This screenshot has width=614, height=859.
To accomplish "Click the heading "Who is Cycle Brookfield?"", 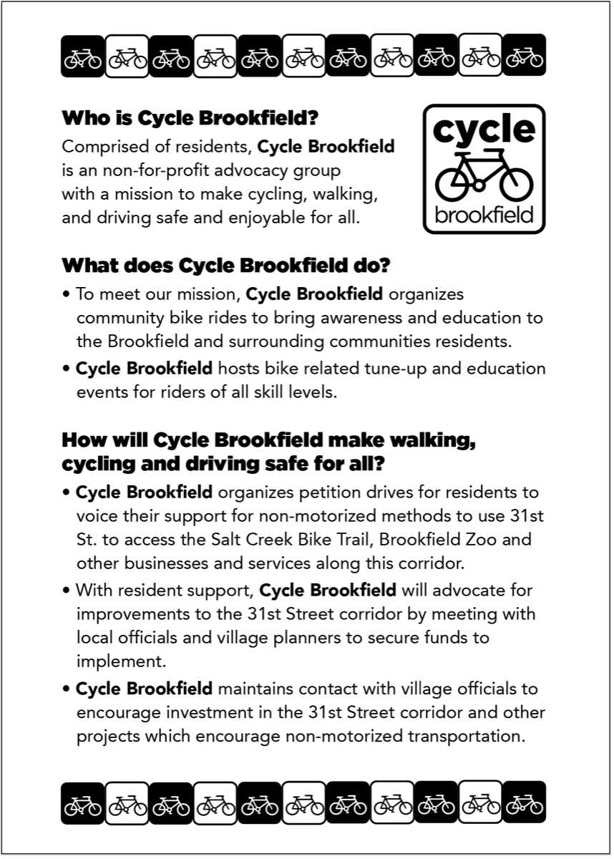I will pos(190,117).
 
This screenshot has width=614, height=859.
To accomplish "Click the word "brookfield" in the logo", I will pos(484,214).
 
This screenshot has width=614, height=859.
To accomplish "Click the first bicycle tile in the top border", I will pos(83,56).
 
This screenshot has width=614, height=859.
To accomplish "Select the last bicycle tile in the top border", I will pos(524,56).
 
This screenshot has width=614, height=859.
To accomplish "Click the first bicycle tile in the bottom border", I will pos(83,802).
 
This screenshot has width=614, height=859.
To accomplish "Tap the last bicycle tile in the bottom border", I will pos(524,802).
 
